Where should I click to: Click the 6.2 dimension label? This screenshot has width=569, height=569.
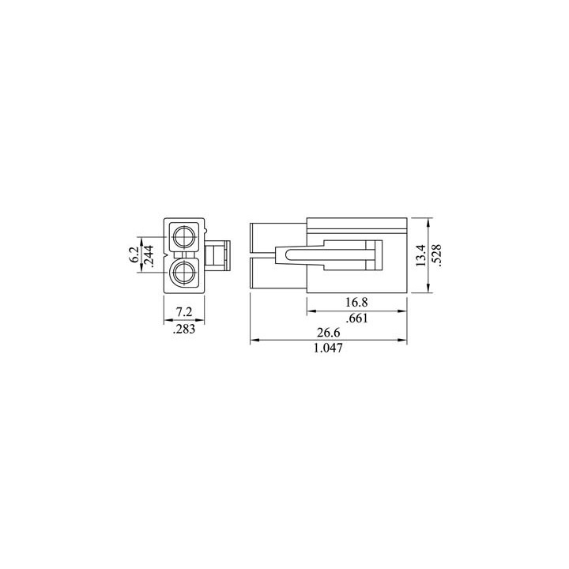click(x=134, y=254)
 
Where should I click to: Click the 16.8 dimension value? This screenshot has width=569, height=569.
click(x=357, y=303)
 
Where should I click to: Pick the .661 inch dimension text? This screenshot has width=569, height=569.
click(x=357, y=318)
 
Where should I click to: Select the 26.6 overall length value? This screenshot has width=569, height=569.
click(x=329, y=333)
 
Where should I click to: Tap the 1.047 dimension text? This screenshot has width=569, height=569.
click(x=329, y=349)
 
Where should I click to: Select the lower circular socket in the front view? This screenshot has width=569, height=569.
click(x=185, y=274)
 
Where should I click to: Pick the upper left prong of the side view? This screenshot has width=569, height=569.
click(x=276, y=236)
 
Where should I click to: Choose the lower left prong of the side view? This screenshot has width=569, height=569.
click(x=276, y=274)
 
